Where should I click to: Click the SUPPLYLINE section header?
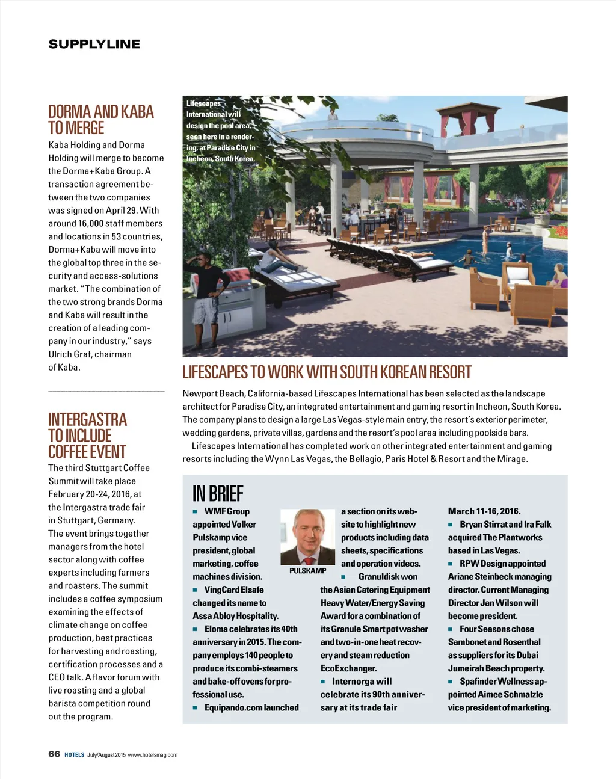[x=94, y=44]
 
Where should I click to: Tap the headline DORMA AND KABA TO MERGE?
[x=100, y=120]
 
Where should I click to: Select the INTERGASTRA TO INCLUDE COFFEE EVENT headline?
[x=87, y=436]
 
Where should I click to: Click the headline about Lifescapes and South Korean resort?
[x=327, y=372]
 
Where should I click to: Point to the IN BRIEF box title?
[x=218, y=494]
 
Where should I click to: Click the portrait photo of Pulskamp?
[x=307, y=537]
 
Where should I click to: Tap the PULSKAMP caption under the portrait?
[x=307, y=571]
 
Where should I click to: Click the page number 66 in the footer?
[x=54, y=754]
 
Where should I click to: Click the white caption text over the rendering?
[x=220, y=131]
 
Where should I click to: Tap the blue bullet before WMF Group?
[x=196, y=511]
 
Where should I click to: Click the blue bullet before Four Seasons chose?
[x=451, y=629]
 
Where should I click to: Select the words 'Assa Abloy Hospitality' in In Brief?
[x=235, y=616]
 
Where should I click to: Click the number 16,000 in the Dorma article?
[x=91, y=223]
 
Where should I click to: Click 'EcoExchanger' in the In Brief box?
[x=348, y=668]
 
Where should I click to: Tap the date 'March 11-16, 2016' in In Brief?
[x=484, y=511]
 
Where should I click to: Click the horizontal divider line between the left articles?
[x=106, y=392]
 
